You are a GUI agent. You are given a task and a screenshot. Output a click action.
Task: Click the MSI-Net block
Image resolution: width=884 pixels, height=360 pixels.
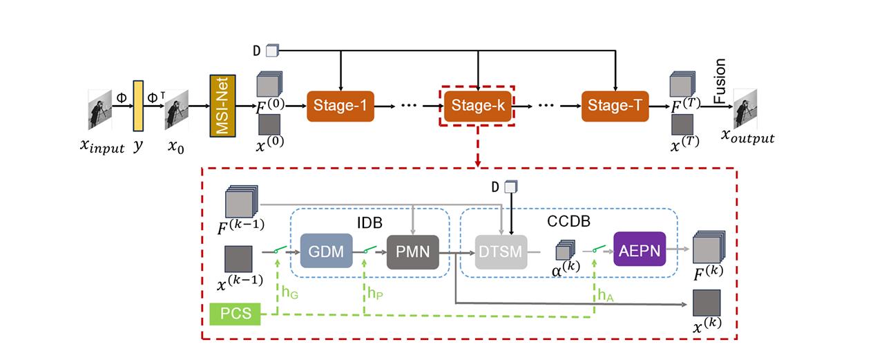[223, 106]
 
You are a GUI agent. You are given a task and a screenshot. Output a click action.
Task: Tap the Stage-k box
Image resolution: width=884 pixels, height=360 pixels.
[477, 106]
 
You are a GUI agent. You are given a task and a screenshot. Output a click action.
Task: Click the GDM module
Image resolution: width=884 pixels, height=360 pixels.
[326, 252]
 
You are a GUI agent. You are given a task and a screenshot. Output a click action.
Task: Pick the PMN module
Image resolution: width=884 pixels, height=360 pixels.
[413, 252]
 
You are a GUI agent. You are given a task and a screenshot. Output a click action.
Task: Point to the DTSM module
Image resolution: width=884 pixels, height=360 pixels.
[501, 252]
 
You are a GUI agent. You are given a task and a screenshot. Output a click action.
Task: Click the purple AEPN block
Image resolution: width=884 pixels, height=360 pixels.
[639, 252]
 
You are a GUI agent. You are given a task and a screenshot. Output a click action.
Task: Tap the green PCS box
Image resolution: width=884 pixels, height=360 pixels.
[236, 315]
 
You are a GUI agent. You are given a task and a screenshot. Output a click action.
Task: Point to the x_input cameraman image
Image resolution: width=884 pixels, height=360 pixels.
[99, 109]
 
